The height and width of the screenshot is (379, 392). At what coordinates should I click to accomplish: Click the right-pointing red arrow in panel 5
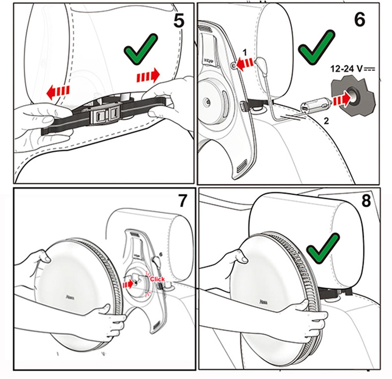148,76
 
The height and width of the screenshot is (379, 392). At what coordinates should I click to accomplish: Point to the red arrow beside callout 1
244,64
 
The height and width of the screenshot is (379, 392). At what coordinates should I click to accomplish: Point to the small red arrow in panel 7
128,284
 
